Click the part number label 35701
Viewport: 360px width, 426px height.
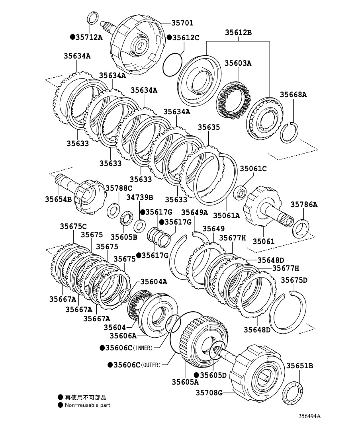pyautogui.click(x=182, y=23)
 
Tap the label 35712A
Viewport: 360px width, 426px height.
pyautogui.click(x=89, y=37)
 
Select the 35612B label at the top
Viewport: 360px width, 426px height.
pyautogui.click(x=238, y=33)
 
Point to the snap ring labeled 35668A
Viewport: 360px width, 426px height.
pyautogui.click(x=290, y=133)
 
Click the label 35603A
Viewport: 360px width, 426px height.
pyautogui.click(x=238, y=63)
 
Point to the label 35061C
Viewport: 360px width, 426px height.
pyautogui.click(x=253, y=168)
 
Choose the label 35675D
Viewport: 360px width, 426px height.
pyautogui.click(x=294, y=280)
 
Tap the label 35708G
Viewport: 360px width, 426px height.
pyautogui.click(x=209, y=393)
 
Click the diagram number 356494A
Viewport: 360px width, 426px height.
pyautogui.click(x=310, y=416)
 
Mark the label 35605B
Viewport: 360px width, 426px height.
pyautogui.click(x=124, y=237)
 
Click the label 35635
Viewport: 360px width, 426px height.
pyautogui.click(x=209, y=127)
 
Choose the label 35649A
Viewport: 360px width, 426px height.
pyautogui.click(x=195, y=212)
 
